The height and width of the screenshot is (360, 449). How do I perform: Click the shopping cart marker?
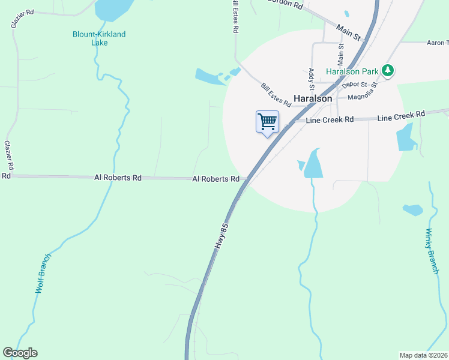267,122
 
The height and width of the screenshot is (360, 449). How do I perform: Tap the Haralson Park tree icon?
388,71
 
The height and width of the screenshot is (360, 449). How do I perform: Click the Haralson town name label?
313,98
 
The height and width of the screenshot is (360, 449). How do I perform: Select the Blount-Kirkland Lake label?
99,38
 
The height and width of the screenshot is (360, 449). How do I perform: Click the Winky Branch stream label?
433,251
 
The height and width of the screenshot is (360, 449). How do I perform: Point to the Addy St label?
312,79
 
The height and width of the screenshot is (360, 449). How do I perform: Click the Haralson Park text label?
352,71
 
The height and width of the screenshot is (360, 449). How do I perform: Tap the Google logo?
20,353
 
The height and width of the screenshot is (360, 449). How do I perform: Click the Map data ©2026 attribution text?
424,355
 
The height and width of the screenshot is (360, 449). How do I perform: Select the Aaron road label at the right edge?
437,43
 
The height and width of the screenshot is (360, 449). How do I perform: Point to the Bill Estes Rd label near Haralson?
276,95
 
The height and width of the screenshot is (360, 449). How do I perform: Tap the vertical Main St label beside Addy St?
340,55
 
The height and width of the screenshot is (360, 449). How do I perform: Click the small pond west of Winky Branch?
412,210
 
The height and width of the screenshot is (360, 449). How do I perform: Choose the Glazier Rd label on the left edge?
9,155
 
